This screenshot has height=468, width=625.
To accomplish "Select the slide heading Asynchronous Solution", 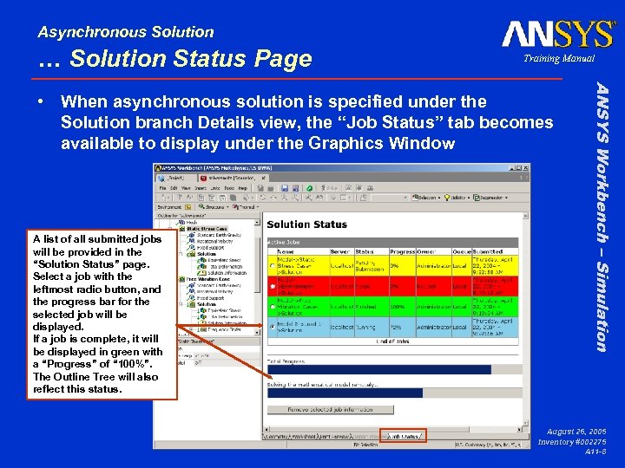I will pos(126,32).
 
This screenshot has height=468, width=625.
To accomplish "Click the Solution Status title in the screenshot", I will pos(306,224).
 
